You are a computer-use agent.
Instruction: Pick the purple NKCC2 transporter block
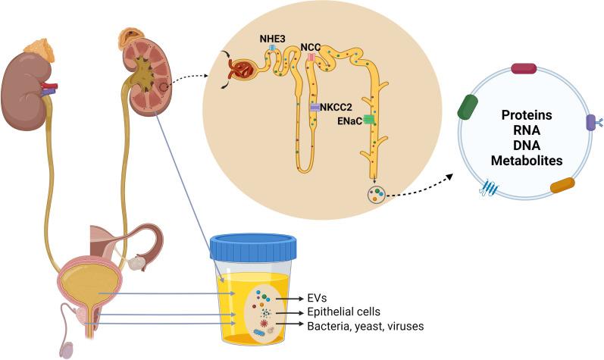point(315,108)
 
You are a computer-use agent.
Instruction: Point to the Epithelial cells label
point(327,312)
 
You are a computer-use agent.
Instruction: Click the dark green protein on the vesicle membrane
point(467,108)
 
